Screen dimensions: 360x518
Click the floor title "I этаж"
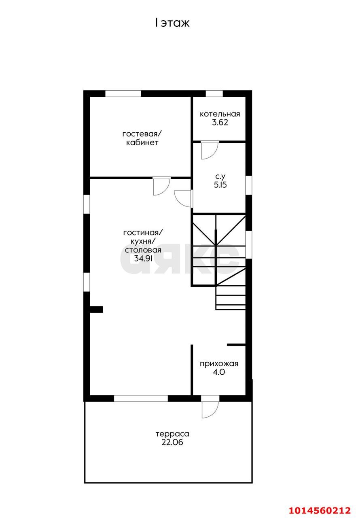coord(172,23)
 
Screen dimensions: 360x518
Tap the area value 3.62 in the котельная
coord(220,122)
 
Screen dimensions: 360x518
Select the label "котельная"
coord(220,114)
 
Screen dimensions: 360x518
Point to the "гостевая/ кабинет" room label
coord(142,138)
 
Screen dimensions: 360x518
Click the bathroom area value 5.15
coord(220,185)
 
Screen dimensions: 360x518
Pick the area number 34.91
coord(143,258)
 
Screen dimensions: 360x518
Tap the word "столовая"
coord(143,250)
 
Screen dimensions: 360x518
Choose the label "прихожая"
coord(219,364)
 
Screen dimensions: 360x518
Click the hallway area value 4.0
coord(219,372)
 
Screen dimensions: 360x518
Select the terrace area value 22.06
coord(172,442)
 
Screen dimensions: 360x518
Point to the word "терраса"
coord(172,434)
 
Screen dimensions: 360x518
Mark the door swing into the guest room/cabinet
coord(161,186)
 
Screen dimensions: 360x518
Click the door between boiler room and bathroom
coord(210,150)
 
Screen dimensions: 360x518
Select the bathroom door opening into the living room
coord(184,198)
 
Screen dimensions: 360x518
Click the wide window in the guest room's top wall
coord(123,93)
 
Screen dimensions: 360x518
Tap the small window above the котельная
coord(214,93)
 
